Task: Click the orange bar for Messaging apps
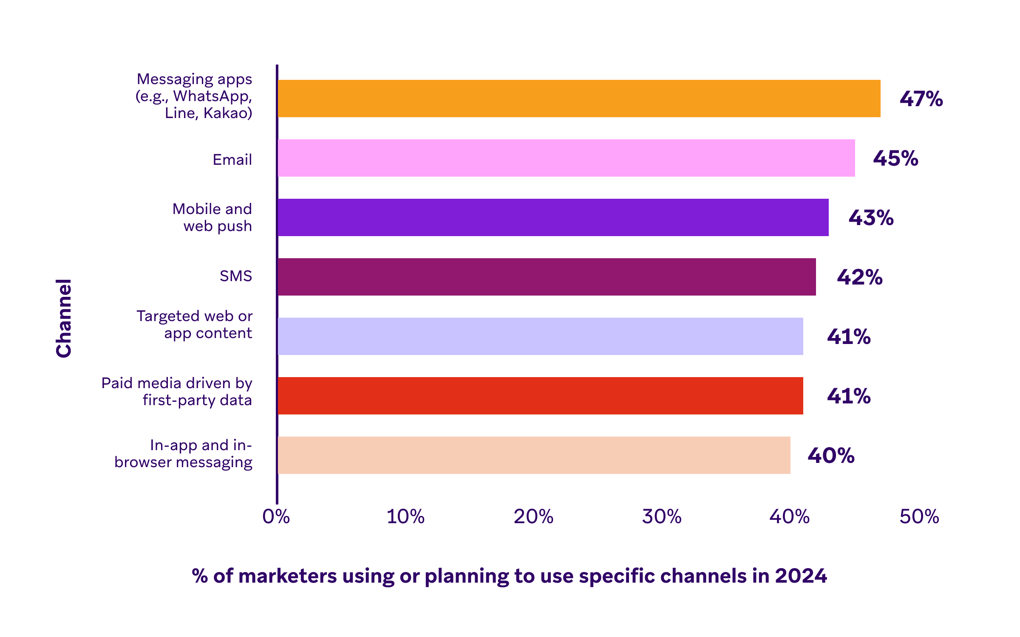tap(579, 99)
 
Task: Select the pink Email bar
tap(566, 158)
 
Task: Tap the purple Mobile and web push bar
tap(553, 217)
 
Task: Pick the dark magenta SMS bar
tap(547, 277)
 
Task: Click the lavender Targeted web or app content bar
tap(540, 336)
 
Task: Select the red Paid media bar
tap(540, 396)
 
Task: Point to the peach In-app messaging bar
tap(534, 455)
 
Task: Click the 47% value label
tap(921, 99)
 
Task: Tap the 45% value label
tap(895, 158)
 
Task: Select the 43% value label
tap(871, 218)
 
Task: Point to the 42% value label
tap(859, 277)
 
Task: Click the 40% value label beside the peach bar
tap(831, 456)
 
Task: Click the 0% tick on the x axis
tap(276, 517)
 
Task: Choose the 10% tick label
tap(405, 517)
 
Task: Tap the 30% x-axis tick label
tap(662, 517)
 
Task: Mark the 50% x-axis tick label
tap(919, 517)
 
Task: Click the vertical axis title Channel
tap(64, 318)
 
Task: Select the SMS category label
tap(236, 276)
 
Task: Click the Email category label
tap(232, 160)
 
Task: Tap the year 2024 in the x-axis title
tap(801, 576)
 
